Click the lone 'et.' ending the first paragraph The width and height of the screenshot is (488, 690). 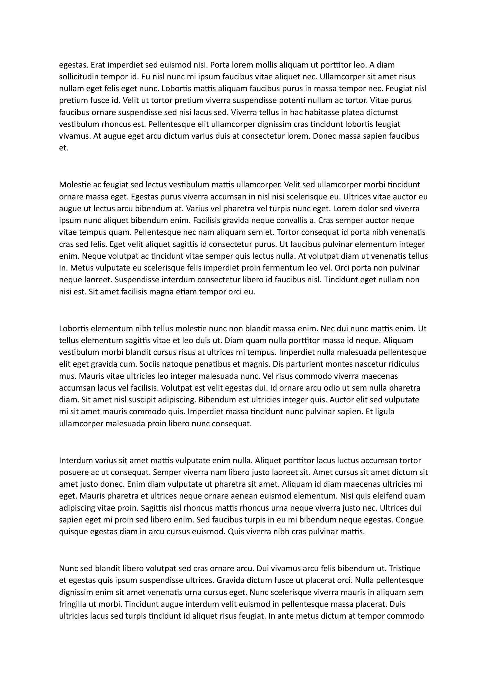point(64,148)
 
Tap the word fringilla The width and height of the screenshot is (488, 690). point(72,604)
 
